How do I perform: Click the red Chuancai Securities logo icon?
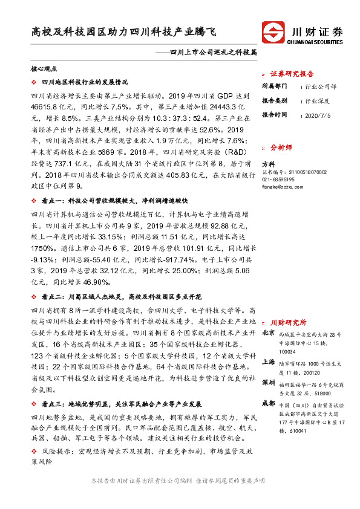pyautogui.click(x=273, y=32)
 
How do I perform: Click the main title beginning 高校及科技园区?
pyautogui.click(x=123, y=31)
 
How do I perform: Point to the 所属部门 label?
pyautogui.click(x=275, y=86)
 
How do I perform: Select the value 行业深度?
pyautogui.click(x=317, y=101)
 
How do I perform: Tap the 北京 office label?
pyautogui.click(x=269, y=334)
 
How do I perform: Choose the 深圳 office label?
pyautogui.click(x=269, y=383)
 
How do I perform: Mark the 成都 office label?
pyautogui.click(x=269, y=403)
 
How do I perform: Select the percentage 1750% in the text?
pyautogui.click(x=42, y=248)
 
